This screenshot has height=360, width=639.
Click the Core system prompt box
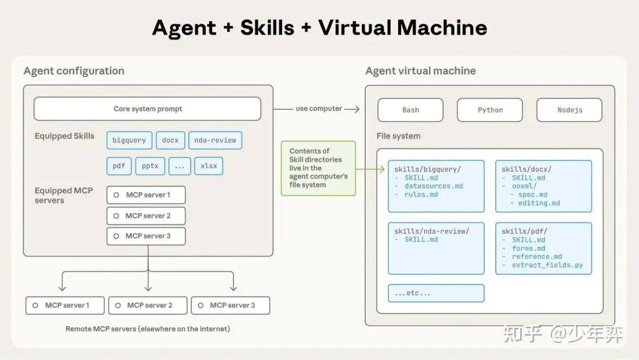coord(147,109)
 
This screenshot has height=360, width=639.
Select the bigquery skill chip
coord(129,140)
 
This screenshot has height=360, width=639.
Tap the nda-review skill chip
coord(215,140)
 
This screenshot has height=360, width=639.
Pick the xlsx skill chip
coord(209,166)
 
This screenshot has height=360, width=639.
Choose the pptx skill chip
coord(150,166)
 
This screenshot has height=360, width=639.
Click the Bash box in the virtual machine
coord(411,110)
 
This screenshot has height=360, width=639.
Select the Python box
coord(490,110)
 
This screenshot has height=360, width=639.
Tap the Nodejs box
coord(569,110)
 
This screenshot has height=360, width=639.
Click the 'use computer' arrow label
coord(319,109)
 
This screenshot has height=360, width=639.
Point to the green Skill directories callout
coord(318,168)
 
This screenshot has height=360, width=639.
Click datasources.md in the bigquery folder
coord(434,186)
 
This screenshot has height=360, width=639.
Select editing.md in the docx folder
coord(539,203)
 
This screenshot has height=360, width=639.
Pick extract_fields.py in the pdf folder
coord(547,265)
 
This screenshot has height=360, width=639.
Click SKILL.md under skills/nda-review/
coord(421,240)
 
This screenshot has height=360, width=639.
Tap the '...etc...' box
coord(436,293)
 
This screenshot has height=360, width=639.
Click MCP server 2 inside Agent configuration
coord(146,216)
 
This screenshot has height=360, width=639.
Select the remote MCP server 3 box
coord(230,306)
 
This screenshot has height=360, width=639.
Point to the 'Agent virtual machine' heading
coord(420,71)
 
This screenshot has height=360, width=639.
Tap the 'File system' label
coord(398,136)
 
